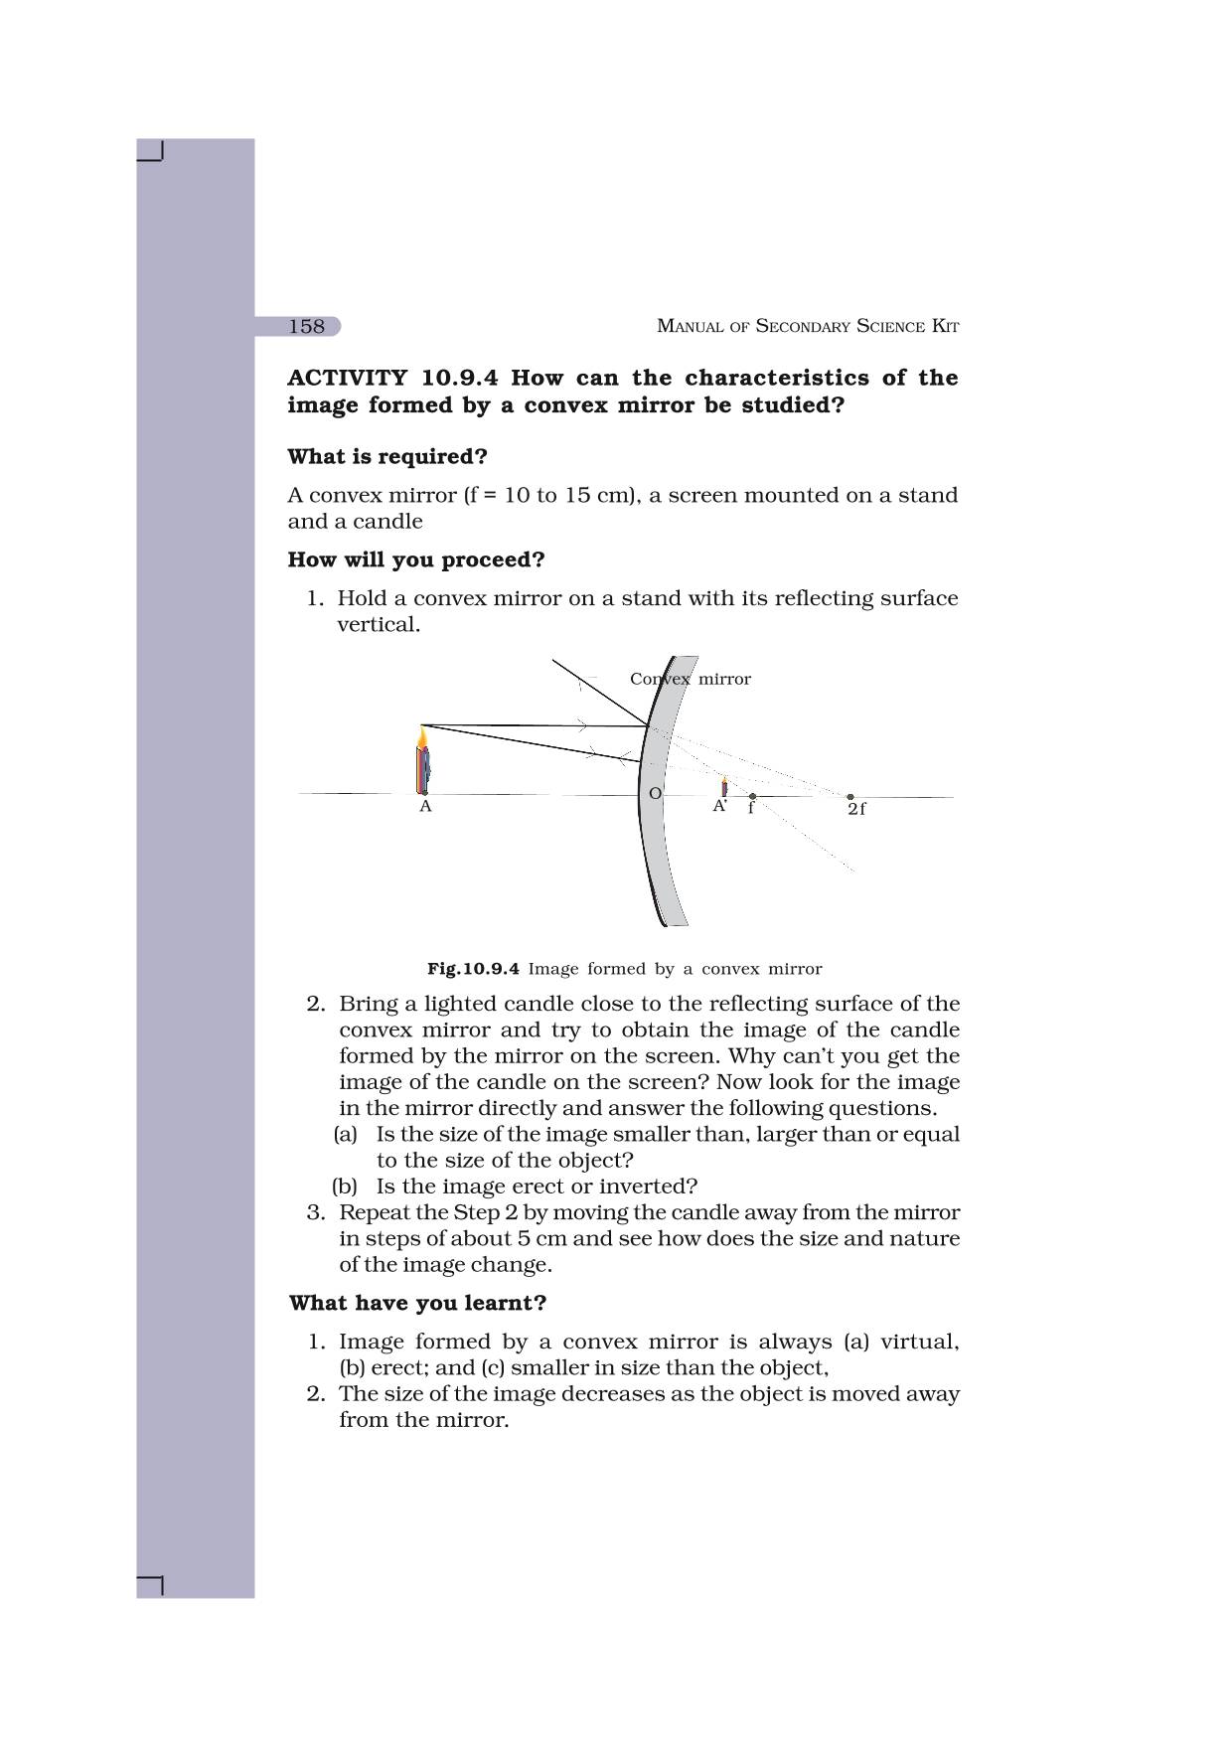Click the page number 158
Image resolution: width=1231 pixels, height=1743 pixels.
(x=307, y=326)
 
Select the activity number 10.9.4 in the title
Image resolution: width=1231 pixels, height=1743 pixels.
(x=459, y=378)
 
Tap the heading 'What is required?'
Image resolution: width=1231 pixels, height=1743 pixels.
(x=387, y=457)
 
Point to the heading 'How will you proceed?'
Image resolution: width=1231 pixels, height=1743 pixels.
(x=416, y=560)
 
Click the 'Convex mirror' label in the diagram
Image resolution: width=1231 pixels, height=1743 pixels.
(x=691, y=680)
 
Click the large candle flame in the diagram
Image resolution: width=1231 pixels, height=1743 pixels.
(x=423, y=738)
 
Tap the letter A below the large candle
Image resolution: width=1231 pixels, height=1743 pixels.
(x=425, y=807)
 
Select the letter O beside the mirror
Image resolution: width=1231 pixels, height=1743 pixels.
(x=655, y=793)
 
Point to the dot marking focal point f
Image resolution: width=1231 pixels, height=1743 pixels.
(x=752, y=796)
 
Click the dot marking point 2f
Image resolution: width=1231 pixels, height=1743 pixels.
(x=849, y=796)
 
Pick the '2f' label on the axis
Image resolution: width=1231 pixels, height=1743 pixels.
(x=856, y=810)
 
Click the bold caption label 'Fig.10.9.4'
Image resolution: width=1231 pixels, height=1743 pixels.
(x=473, y=969)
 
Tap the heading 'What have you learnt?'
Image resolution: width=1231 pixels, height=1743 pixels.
(x=417, y=1303)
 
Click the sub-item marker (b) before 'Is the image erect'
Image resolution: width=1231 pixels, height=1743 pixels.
(x=345, y=1187)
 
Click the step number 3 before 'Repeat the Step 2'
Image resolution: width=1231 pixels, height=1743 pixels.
(x=316, y=1212)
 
